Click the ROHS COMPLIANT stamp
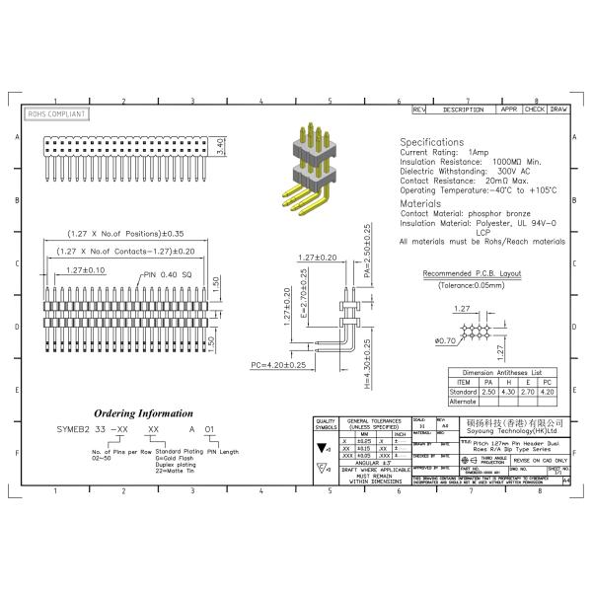pyautogui.click(x=55, y=114)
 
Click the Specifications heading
pyautogui.click(x=431, y=142)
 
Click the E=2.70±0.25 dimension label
pyautogui.click(x=305, y=294)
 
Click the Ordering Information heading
pyautogui.click(x=144, y=413)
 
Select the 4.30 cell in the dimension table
pyautogui.click(x=509, y=392)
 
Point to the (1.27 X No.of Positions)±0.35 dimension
pyautogui.click(x=125, y=235)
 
